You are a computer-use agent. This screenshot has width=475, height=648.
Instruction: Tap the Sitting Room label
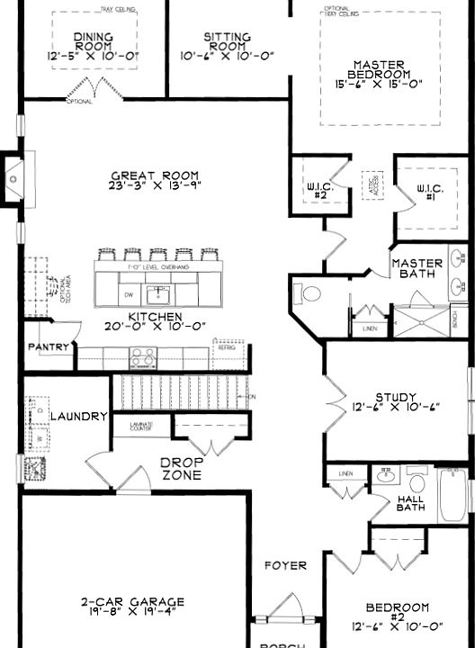pos(227,41)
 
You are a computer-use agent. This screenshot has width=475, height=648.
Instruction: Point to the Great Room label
pos(156,175)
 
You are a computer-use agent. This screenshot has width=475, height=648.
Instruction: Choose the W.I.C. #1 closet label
pos(427,193)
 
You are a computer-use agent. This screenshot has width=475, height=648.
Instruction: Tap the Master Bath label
pos(417,269)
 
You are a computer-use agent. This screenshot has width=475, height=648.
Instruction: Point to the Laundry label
pos(79,417)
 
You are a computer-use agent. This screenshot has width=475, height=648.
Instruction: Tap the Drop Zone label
pos(181,468)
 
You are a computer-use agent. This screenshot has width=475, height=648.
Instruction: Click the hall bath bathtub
pos(453,499)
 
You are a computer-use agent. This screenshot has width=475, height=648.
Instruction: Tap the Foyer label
pos(285,565)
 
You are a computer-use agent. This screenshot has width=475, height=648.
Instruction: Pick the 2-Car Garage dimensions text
pos(131,614)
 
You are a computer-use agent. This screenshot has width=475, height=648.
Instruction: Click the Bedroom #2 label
pos(397,615)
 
